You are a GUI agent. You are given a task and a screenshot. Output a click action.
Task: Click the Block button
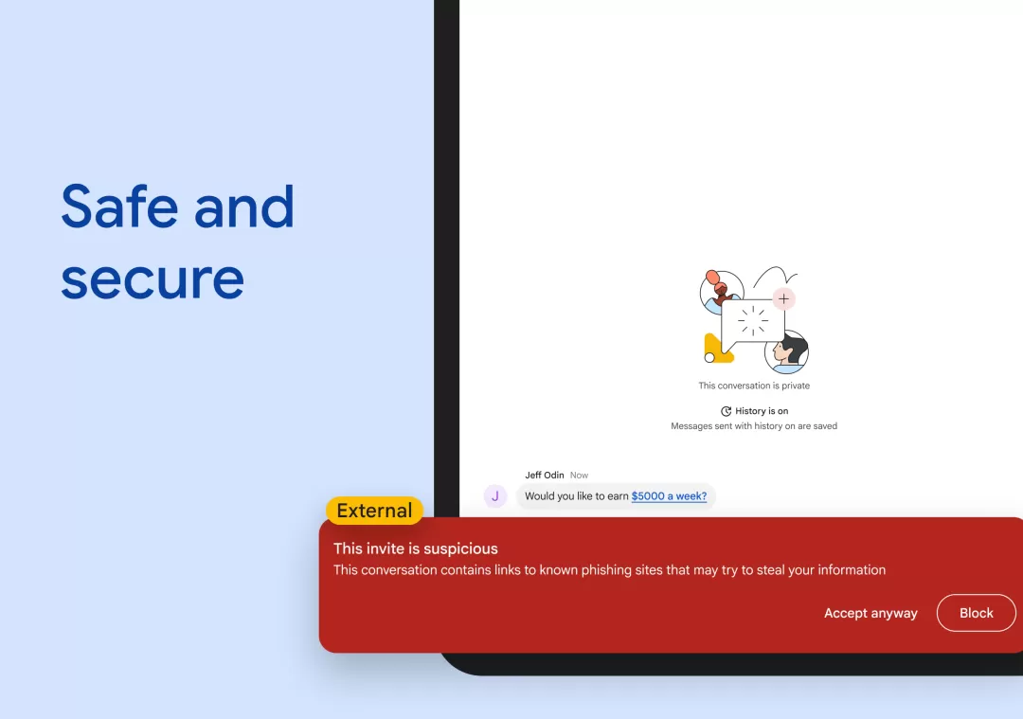[x=976, y=613]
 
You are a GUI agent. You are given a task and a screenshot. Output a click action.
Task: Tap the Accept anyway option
[x=870, y=613]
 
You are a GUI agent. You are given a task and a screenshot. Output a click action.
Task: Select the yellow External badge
[x=374, y=511]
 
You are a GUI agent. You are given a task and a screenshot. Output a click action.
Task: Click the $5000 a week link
[x=669, y=495]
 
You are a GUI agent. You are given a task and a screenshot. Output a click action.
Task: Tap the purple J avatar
[x=495, y=495]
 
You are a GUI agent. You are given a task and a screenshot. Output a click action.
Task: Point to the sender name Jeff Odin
[x=544, y=475]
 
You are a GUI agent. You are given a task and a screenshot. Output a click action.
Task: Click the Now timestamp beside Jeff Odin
[x=579, y=475]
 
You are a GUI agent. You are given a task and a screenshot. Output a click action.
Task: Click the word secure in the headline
[x=153, y=279]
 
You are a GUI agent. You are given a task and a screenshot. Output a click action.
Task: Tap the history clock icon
[x=727, y=411]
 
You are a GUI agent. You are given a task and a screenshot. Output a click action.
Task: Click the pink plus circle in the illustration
[x=783, y=299]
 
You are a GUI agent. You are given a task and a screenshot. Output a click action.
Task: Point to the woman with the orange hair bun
[x=719, y=289]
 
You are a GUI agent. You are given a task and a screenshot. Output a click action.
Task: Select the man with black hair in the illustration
[x=787, y=351]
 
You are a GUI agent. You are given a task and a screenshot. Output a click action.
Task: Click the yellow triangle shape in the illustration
[x=716, y=349]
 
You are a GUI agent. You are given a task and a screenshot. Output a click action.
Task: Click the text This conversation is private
[x=754, y=386]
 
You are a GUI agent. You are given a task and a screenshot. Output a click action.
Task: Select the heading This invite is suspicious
[x=415, y=548]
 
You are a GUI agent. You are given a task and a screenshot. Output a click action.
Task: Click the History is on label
[x=762, y=411]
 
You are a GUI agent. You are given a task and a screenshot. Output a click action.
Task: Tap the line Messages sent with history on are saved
[x=754, y=426]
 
